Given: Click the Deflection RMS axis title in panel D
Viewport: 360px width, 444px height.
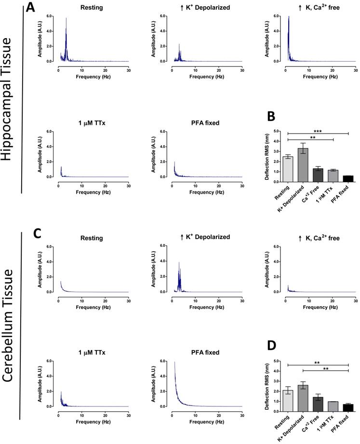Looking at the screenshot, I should point(267,386).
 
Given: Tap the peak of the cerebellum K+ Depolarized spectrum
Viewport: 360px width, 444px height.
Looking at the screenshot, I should point(179,263).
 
